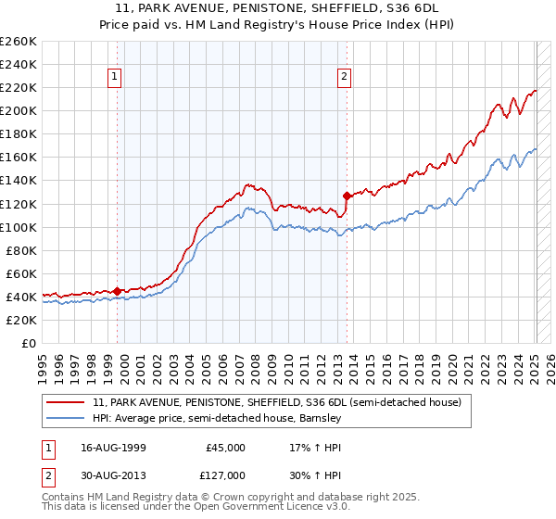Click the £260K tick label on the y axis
(18, 42)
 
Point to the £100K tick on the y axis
(18, 227)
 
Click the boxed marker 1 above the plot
(116, 78)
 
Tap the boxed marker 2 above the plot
(344, 78)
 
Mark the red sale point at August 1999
(118, 290)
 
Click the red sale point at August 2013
(347, 196)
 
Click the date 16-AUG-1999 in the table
(113, 447)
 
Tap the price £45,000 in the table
(225, 447)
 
